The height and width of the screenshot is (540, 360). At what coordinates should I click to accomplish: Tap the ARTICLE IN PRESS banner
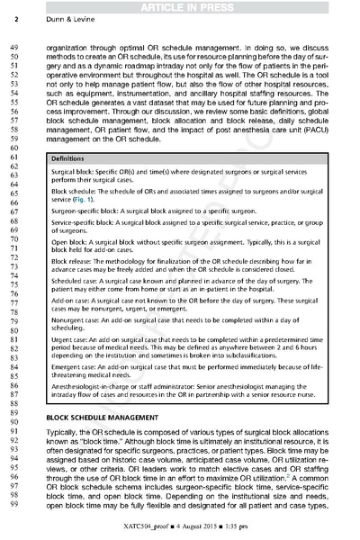[180, 8]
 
